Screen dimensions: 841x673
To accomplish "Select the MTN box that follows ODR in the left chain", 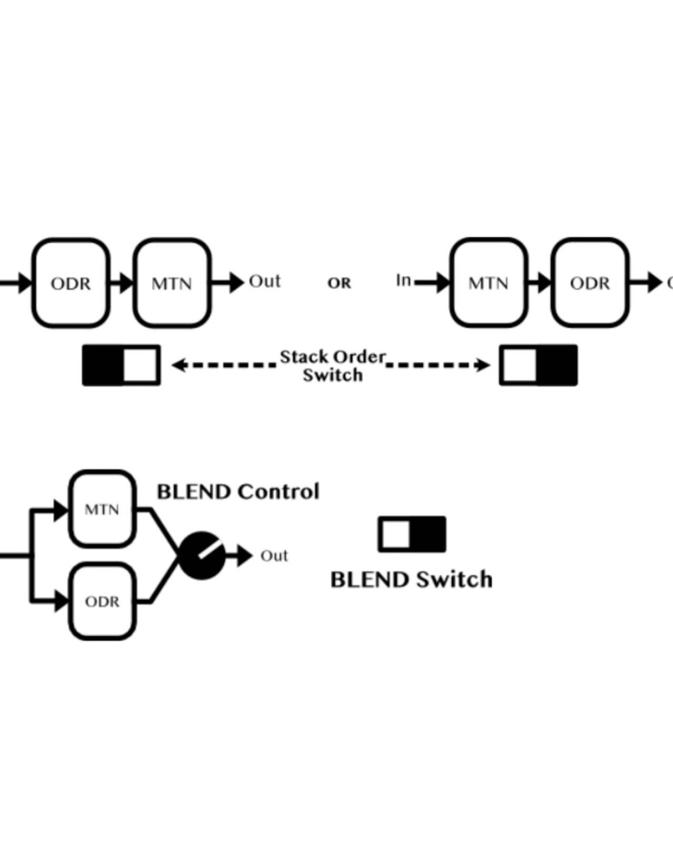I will tap(172, 283).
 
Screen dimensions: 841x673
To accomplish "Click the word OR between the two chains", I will tap(339, 283).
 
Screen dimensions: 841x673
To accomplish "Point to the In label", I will tap(403, 280).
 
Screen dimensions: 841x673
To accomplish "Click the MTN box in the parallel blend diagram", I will tap(102, 509).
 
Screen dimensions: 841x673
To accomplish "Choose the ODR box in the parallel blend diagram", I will tap(102, 601).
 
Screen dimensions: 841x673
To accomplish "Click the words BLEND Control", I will tap(238, 491).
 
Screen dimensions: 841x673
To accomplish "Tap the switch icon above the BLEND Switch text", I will tap(412, 534).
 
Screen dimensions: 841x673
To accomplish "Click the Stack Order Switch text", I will tap(333, 366).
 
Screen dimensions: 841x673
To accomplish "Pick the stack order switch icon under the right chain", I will tap(538, 365).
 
